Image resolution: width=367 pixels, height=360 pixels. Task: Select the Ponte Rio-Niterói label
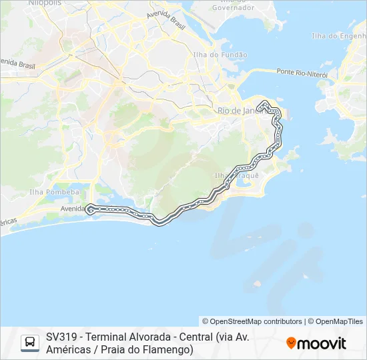coord(302,73)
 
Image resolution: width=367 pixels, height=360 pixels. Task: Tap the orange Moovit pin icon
coord(291,343)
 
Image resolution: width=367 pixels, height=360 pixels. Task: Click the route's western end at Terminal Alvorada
coord(89,209)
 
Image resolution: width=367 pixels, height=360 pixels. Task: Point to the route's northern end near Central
coord(265,102)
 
